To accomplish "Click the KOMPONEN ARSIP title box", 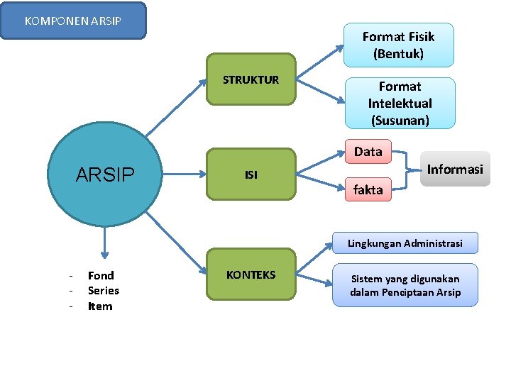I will (x=73, y=21).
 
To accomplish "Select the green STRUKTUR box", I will (x=251, y=79).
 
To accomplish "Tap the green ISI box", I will (x=251, y=174).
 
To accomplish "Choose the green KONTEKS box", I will (x=251, y=274).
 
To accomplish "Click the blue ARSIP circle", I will (x=104, y=174).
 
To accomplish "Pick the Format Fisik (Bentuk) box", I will (x=398, y=45).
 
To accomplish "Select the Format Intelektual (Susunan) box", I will (x=400, y=103).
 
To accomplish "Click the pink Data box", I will (x=368, y=151).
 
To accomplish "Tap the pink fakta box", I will (x=368, y=189).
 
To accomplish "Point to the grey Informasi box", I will (x=455, y=169).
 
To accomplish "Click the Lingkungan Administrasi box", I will (x=405, y=243).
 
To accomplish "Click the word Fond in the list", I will (x=101, y=275).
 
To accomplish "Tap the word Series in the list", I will (x=104, y=291).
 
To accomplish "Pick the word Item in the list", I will (x=100, y=306).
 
